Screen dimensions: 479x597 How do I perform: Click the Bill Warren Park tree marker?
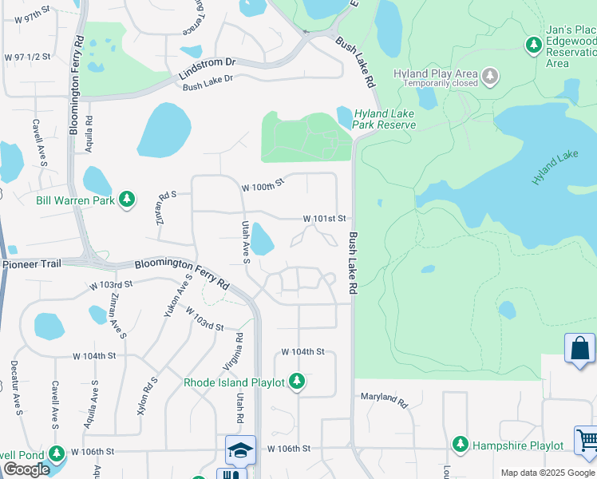click(x=127, y=199)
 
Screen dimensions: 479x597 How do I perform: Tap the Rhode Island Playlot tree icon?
click(x=297, y=382)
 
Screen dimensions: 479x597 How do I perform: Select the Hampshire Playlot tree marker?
click(x=460, y=444)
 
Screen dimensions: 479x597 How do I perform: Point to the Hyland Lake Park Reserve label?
click(x=385, y=119)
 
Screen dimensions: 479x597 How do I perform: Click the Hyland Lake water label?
click(x=555, y=168)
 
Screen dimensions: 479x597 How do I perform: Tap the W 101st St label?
click(x=325, y=218)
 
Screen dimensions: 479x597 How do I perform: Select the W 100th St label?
click(x=263, y=185)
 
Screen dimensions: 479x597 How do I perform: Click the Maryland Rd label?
click(x=384, y=397)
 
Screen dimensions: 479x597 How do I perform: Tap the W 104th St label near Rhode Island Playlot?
click(x=302, y=352)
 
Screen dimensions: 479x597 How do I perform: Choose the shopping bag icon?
click(x=579, y=349)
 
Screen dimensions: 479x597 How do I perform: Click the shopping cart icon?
click(x=587, y=440)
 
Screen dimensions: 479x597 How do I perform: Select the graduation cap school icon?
click(x=240, y=449)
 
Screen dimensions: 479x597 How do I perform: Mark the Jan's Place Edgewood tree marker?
click(x=534, y=45)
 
